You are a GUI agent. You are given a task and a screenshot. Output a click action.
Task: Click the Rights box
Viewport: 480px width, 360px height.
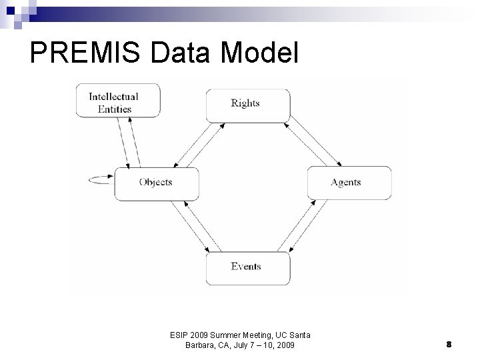(247, 104)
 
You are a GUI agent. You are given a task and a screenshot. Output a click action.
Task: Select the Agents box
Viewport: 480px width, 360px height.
(348, 183)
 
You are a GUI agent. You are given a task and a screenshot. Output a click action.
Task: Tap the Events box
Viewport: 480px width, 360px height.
(247, 267)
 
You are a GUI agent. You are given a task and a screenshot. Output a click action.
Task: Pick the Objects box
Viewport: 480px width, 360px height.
(156, 183)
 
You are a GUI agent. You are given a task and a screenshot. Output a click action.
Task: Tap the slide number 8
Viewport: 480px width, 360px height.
(449, 344)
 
